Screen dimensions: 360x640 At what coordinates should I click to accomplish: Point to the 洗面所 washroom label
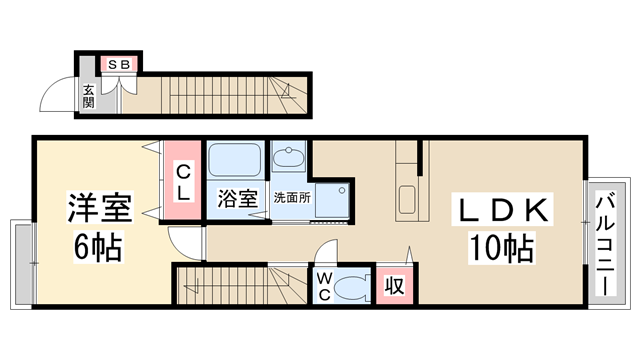292,198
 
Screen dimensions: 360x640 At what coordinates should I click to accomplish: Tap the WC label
326,286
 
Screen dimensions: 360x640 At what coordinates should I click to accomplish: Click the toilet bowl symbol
351,288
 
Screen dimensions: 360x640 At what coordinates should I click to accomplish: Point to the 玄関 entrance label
88,96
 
